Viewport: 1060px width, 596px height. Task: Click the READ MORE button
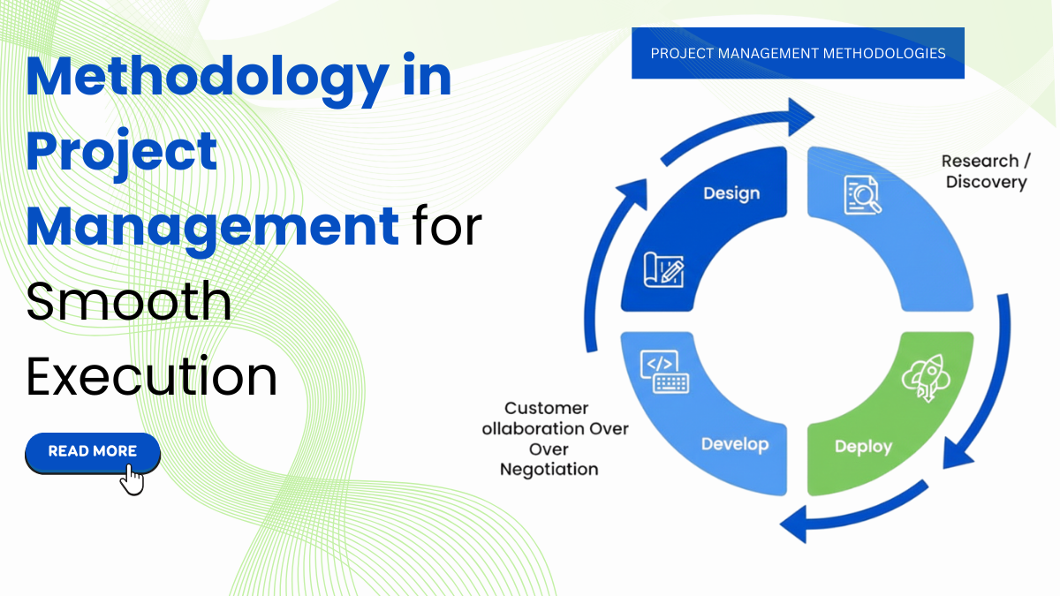(93, 452)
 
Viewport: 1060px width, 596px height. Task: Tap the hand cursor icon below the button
(131, 479)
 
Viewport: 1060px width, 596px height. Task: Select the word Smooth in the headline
(129, 302)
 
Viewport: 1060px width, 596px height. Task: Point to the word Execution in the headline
(151, 376)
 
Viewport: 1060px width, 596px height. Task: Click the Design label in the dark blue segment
(731, 193)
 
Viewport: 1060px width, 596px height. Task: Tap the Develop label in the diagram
(735, 444)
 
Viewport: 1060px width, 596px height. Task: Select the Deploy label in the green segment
(863, 447)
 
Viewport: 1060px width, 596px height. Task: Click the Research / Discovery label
(986, 171)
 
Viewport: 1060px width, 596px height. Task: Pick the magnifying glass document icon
(862, 195)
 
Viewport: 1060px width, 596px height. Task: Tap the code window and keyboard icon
(664, 372)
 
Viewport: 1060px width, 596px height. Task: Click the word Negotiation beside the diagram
(549, 469)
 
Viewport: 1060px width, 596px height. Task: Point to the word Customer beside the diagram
(546, 408)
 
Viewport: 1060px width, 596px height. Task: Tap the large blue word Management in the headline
(212, 226)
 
